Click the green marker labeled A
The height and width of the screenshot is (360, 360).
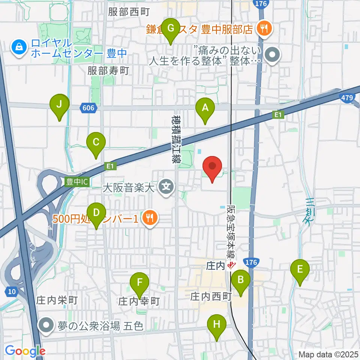pos(205,108)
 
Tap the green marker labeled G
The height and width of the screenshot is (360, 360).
pos(171,28)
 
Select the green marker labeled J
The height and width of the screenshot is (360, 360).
pos(59,105)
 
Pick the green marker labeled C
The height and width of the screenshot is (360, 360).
pos(96,143)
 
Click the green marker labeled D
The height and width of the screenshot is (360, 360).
pos(96,213)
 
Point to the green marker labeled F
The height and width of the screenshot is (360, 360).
pos(139,282)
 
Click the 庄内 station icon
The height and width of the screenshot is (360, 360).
pos(231,266)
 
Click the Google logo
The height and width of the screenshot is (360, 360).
pos(25,351)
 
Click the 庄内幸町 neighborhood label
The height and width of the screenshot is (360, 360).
pos(139,301)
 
